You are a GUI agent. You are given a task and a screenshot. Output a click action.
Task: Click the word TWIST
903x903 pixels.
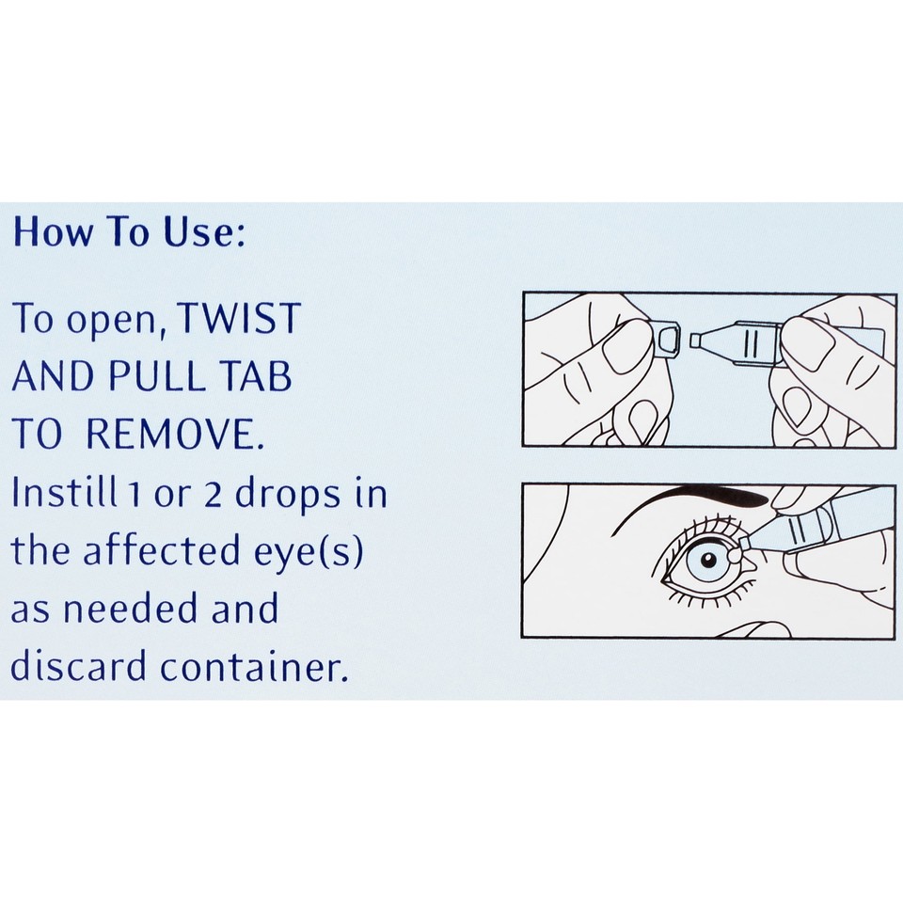(x=241, y=320)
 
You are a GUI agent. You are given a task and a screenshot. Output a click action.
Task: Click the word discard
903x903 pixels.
(x=78, y=666)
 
